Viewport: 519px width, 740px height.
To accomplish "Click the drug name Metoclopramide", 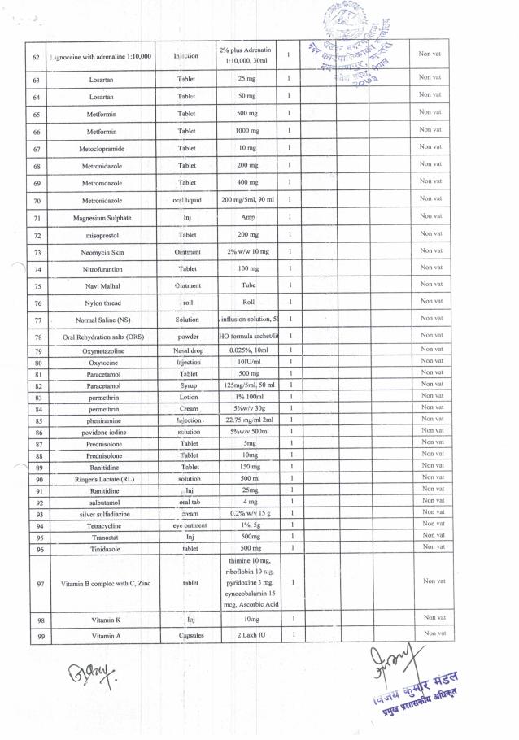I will pyautogui.click(x=102, y=149).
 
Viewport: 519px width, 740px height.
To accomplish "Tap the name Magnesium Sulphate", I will pyautogui.click(x=102, y=218).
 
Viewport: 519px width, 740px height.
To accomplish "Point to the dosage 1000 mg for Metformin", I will pyautogui.click(x=247, y=131).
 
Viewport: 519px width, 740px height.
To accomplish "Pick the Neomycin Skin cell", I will pyautogui.click(x=102, y=253).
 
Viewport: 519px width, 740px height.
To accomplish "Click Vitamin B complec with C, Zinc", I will pyautogui.click(x=105, y=583).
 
